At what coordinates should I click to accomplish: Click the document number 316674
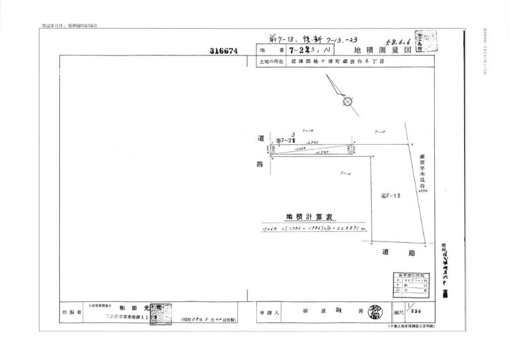pos(223,50)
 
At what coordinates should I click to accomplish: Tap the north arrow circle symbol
pos(347,101)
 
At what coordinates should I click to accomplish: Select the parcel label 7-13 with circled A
pos(390,196)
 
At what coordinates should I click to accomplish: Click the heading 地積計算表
pos(305,217)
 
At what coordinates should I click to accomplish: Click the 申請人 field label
pos(266,313)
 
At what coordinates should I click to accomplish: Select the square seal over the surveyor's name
pos(160,313)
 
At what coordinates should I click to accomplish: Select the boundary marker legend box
pos(414,284)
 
